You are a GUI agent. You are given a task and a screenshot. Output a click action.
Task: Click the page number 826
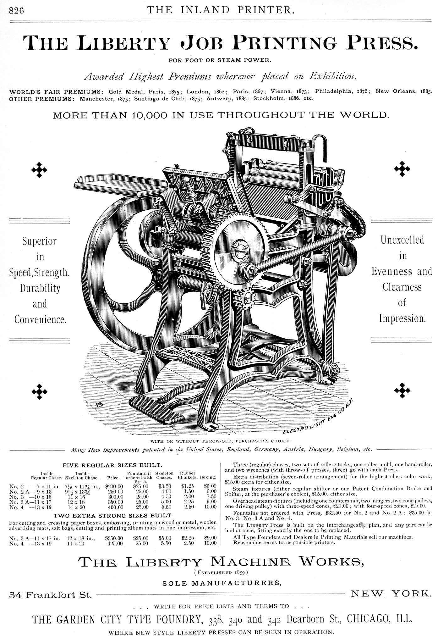pyautogui.click(x=16, y=11)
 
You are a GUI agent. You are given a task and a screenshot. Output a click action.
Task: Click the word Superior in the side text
pyautogui.click(x=39, y=241)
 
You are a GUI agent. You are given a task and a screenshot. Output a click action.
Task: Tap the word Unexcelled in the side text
pyautogui.click(x=402, y=240)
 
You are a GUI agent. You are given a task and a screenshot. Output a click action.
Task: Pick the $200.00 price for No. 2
pyautogui.click(x=114, y=486)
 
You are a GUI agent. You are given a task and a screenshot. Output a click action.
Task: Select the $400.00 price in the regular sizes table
pyautogui.click(x=114, y=507)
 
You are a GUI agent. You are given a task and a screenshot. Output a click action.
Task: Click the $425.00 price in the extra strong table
pyautogui.click(x=114, y=543)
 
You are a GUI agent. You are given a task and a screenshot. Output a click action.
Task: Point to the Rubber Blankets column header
pyautogui.click(x=188, y=475)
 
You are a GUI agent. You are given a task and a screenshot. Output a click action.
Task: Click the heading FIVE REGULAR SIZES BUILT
pyautogui.click(x=112, y=465)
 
